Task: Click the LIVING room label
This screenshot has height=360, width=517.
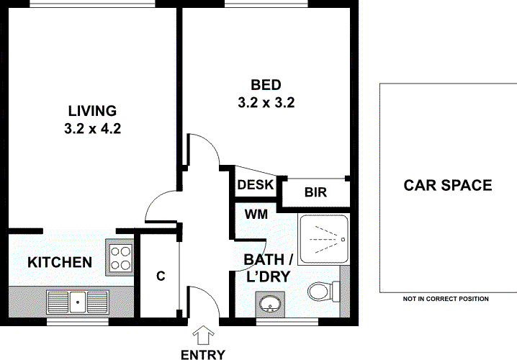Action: click(x=92, y=111)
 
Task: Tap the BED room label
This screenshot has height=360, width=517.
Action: click(x=266, y=84)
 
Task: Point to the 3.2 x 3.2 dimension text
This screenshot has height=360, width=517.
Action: click(x=266, y=103)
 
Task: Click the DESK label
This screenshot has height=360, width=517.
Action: click(x=256, y=185)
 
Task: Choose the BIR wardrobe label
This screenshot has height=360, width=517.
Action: click(x=315, y=192)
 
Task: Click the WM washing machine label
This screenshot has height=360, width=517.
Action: click(x=256, y=214)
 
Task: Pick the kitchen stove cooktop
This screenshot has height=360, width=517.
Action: click(x=120, y=257)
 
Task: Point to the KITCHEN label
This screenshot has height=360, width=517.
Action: click(x=60, y=262)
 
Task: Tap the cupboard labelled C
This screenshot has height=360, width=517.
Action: click(x=161, y=276)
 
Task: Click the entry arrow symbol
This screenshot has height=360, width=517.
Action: click(x=204, y=336)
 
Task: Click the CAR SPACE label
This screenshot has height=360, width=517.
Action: click(x=447, y=186)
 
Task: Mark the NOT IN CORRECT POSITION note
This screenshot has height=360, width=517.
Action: click(x=446, y=299)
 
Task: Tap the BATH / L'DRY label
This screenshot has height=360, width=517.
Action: click(x=268, y=266)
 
